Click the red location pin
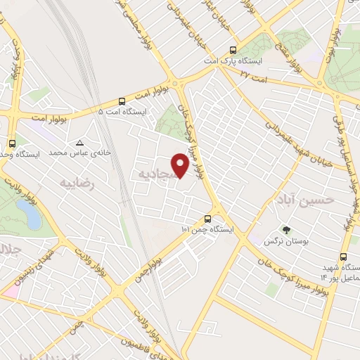coord(181,165)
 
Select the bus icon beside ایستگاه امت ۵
coord(122,100)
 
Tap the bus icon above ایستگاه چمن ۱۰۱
coord(207,219)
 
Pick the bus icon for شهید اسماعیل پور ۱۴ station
coord(343,257)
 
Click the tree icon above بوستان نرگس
coord(285,229)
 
